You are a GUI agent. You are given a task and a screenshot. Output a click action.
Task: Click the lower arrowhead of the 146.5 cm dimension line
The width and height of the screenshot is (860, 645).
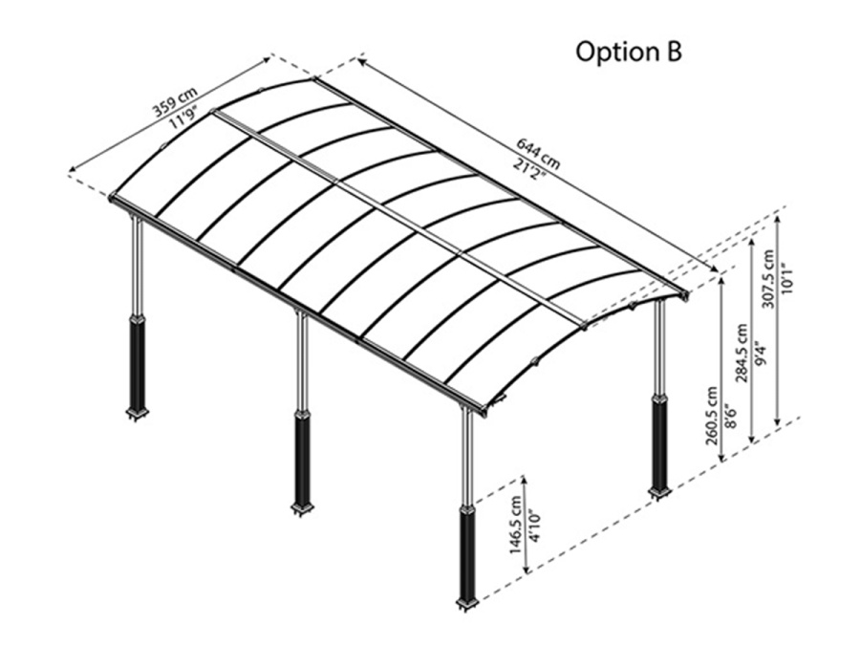[x=527, y=573]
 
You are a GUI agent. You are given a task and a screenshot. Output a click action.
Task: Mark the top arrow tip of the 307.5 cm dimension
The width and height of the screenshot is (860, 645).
[x=777, y=216]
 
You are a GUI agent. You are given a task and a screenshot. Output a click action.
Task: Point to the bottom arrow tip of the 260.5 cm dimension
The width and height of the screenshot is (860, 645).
[x=722, y=462]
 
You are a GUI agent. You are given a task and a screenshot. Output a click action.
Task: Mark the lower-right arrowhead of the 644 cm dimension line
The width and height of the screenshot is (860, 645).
[x=719, y=271]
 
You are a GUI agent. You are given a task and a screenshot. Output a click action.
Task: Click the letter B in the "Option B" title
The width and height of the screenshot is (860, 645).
[x=673, y=52]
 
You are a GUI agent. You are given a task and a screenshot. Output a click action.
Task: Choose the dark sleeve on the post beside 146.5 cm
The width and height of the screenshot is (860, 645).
[x=467, y=554]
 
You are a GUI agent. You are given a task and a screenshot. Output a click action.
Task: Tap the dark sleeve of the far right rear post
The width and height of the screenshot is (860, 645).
[x=658, y=441]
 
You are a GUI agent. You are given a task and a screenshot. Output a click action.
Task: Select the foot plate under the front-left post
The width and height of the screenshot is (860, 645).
[x=136, y=414]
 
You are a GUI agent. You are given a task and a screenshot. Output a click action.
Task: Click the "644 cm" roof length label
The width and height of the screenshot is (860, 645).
[x=538, y=153]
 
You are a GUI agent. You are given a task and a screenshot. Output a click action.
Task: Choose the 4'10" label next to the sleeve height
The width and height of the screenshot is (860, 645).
[x=533, y=526]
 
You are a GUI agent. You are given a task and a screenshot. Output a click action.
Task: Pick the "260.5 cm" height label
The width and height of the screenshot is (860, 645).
[x=711, y=416]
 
